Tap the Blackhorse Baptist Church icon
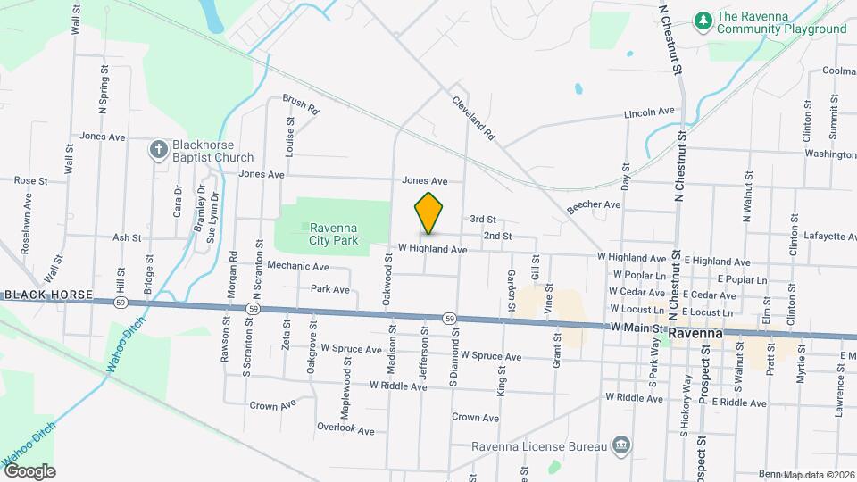(158, 149)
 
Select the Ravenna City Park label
(333, 234)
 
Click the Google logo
(29, 470)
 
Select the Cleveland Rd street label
(473, 120)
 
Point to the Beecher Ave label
(593, 204)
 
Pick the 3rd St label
(482, 219)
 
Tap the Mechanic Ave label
(298, 266)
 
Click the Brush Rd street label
(301, 105)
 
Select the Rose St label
(30, 180)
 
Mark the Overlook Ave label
(349, 429)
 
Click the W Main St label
(637, 328)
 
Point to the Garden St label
(512, 291)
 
